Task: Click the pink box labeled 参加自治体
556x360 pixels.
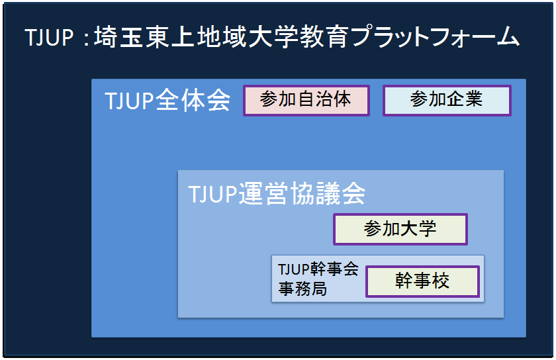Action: (306, 101)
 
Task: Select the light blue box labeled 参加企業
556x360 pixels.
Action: (447, 101)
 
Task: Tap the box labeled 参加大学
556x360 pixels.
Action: (400, 229)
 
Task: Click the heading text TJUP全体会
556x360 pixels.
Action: (167, 101)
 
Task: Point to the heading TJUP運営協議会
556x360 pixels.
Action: (277, 194)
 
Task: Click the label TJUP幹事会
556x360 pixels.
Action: (318, 269)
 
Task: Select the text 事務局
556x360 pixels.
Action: (302, 289)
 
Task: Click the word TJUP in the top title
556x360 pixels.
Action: (49, 37)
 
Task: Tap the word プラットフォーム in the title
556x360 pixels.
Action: (436, 36)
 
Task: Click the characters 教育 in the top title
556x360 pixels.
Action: (324, 37)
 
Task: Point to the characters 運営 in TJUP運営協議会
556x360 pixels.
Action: (264, 194)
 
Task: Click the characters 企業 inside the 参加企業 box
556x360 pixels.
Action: (465, 99)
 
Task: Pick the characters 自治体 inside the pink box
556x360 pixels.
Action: (324, 99)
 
